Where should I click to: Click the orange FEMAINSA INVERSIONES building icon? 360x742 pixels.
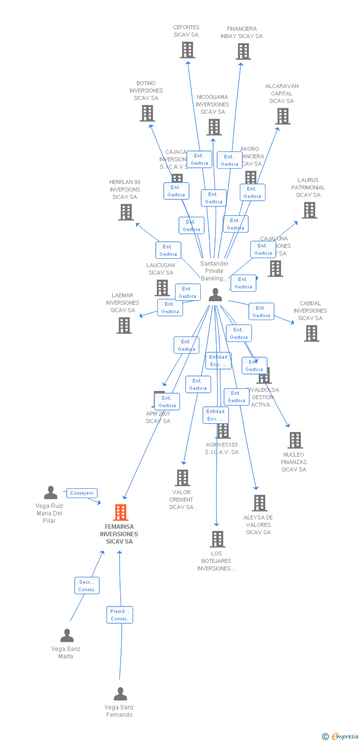[x=121, y=512]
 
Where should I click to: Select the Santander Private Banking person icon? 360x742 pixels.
[x=215, y=295]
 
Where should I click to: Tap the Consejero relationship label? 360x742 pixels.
[x=82, y=493]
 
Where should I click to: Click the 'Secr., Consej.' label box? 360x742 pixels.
[x=87, y=586]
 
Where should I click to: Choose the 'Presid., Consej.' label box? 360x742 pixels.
[x=120, y=615]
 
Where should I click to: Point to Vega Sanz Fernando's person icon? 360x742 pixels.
[x=120, y=694]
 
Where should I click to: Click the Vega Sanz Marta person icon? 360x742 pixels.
[x=67, y=636]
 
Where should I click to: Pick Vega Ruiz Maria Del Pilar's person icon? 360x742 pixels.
[x=50, y=493]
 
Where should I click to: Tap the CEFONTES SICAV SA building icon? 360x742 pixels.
[x=187, y=50]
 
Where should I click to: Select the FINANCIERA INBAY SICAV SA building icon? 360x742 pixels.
[x=243, y=51]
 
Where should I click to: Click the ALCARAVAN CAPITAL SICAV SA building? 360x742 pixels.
[x=283, y=116]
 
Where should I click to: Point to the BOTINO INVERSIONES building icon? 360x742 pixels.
[x=147, y=113]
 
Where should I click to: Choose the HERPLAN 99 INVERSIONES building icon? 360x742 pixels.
[x=126, y=212]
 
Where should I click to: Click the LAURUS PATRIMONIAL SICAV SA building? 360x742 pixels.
[x=310, y=210]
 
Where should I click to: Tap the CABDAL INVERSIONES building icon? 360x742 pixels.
[x=312, y=333]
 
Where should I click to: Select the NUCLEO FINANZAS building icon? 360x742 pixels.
[x=295, y=440]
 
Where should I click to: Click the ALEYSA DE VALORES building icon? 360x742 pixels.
[x=260, y=503]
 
